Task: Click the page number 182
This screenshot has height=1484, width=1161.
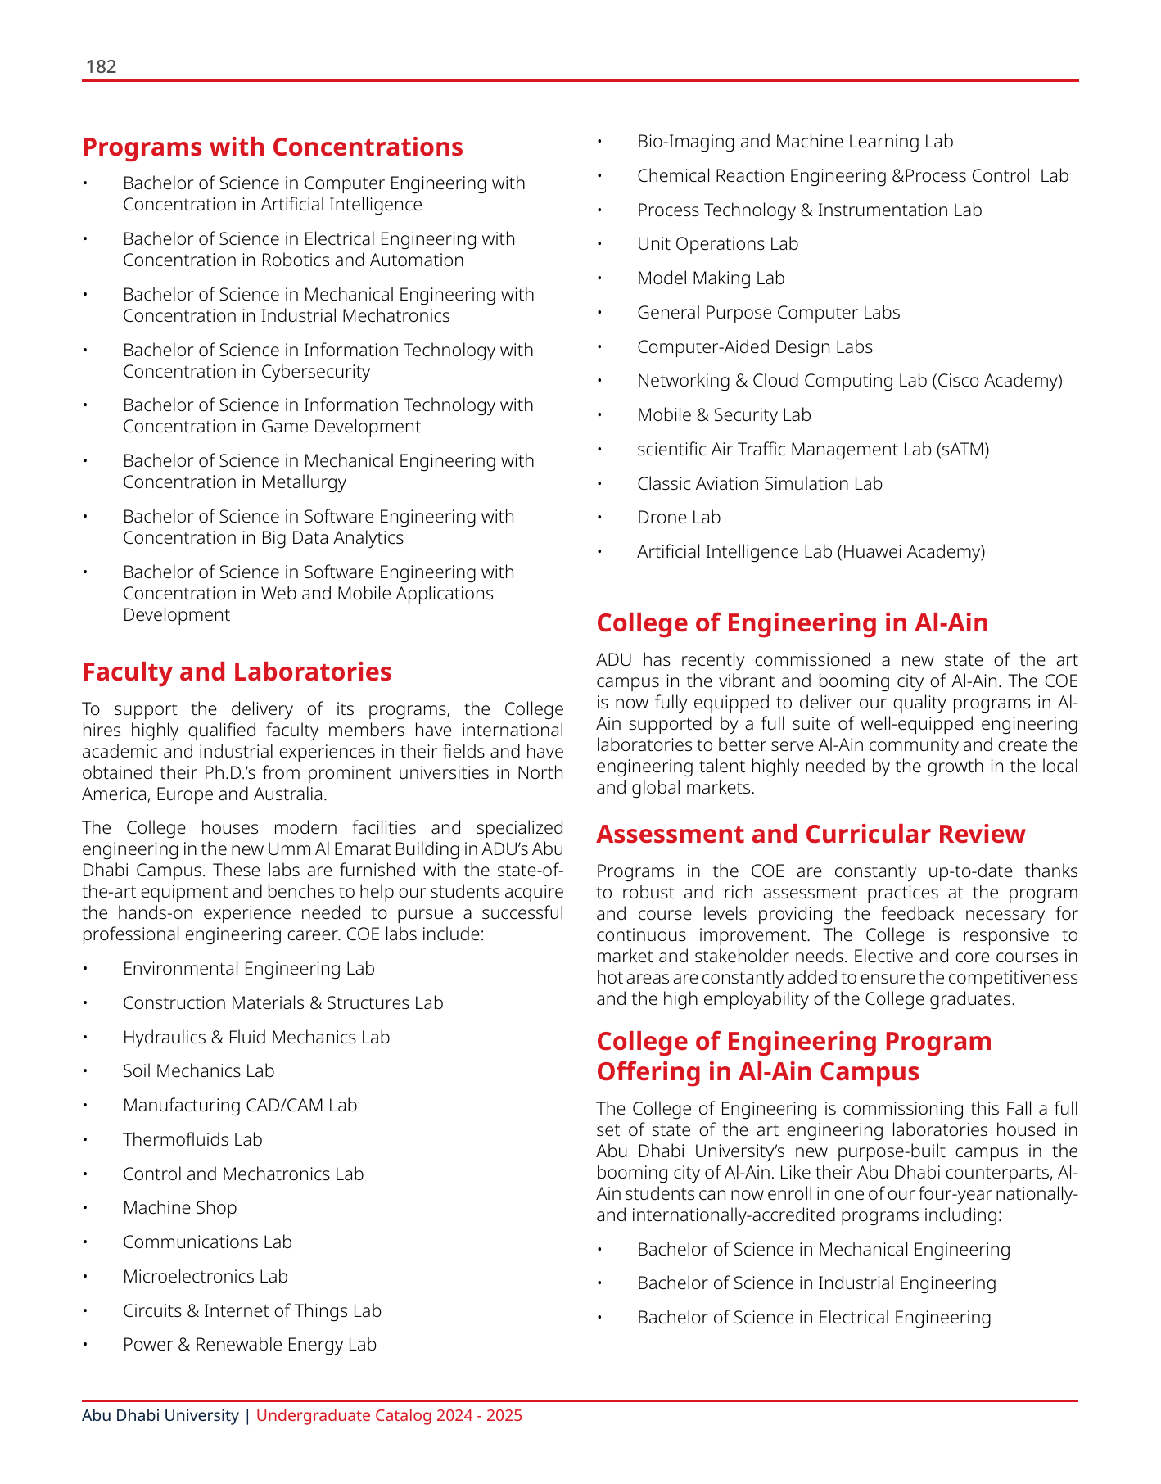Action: (101, 67)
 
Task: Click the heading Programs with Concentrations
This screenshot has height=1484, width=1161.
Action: (273, 147)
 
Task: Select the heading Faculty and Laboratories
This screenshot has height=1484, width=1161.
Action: (237, 672)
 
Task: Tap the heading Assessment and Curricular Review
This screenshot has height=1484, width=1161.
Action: (811, 835)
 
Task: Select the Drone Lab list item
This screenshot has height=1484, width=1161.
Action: (679, 518)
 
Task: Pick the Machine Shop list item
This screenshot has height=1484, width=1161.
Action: (179, 1208)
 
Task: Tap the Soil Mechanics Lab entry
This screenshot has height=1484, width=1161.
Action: (198, 1071)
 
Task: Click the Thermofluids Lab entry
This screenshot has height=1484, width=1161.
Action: (192, 1140)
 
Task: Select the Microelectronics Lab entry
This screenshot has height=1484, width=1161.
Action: (205, 1277)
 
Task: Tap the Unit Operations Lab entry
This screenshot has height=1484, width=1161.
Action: (717, 244)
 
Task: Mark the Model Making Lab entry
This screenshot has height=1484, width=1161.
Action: (711, 278)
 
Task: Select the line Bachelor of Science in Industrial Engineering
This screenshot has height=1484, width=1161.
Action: (816, 1283)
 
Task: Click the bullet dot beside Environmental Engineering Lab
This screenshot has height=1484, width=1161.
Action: (84, 970)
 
